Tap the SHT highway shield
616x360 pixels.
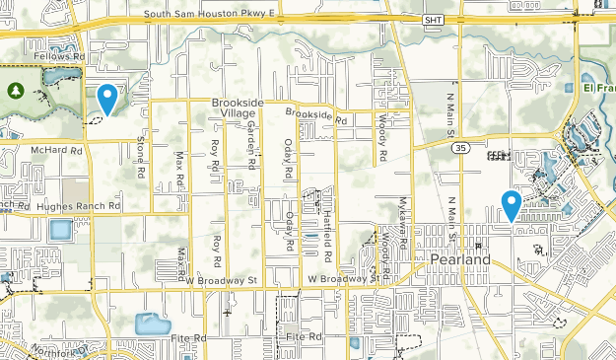point(434,20)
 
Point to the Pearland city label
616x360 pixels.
point(459,259)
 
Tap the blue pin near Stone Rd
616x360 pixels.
point(107,99)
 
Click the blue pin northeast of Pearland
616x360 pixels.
point(511,204)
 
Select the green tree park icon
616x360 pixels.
point(15,91)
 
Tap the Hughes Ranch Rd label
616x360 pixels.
point(78,207)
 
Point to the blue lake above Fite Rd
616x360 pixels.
point(152,324)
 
